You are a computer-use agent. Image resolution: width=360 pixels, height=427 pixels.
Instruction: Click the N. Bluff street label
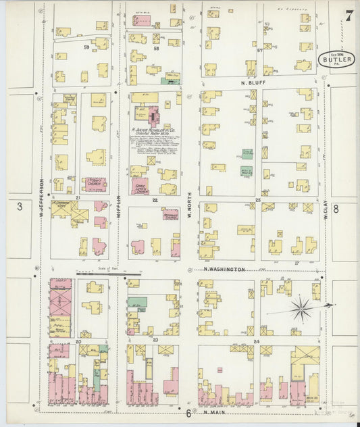(x=255, y=84)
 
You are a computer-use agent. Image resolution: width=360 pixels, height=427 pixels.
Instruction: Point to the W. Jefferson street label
(x=41, y=193)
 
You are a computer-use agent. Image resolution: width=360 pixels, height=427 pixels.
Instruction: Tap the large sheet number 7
(x=348, y=15)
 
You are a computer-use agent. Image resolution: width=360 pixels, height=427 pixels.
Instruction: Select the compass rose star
(x=301, y=309)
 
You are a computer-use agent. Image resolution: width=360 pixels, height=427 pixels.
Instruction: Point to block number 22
(x=155, y=200)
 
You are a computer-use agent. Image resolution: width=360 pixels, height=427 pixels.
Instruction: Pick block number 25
(x=257, y=200)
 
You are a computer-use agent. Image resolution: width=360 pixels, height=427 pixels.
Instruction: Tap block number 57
(x=259, y=51)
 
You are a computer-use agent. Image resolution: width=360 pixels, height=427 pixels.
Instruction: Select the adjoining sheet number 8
(x=344, y=210)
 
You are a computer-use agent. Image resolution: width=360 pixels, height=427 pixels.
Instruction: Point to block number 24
(x=257, y=342)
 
